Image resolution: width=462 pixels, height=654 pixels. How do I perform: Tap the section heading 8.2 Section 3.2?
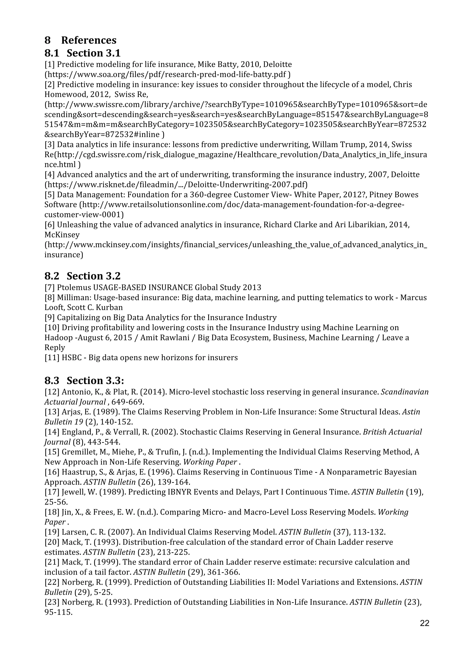coord(82,276)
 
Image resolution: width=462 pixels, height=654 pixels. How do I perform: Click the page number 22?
coord(424,623)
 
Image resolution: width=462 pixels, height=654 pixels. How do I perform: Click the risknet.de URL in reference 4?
coord(176,185)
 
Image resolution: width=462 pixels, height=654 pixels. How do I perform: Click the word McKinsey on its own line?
coord(62,235)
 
